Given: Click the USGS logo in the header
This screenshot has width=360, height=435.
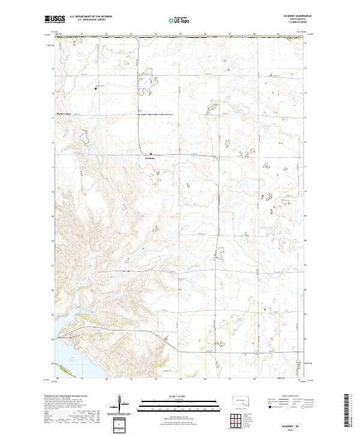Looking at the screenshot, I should point(55,19).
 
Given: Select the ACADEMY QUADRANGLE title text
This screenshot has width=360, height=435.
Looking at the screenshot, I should point(290,16).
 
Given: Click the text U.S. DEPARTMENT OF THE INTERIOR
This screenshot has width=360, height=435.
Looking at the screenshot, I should point(91,16).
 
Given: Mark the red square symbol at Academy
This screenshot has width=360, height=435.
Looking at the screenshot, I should point(151,153).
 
